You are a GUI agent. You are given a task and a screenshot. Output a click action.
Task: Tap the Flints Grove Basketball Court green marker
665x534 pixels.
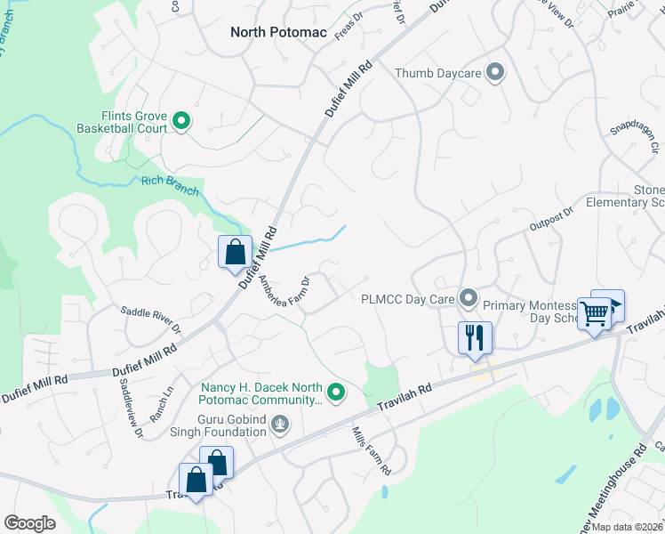tap(181, 121)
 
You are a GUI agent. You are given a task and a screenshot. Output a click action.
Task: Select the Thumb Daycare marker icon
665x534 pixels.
tap(496, 73)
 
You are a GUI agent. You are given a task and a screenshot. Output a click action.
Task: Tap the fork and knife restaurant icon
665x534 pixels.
tap(475, 337)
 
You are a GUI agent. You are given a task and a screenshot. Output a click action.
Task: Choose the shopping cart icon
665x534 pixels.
tap(594, 312)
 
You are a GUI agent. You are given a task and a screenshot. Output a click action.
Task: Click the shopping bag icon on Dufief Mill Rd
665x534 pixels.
tap(235, 251)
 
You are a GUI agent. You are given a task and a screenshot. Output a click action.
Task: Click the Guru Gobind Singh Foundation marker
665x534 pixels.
tap(280, 425)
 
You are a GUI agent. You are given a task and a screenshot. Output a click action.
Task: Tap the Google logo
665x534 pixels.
tap(30, 523)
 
